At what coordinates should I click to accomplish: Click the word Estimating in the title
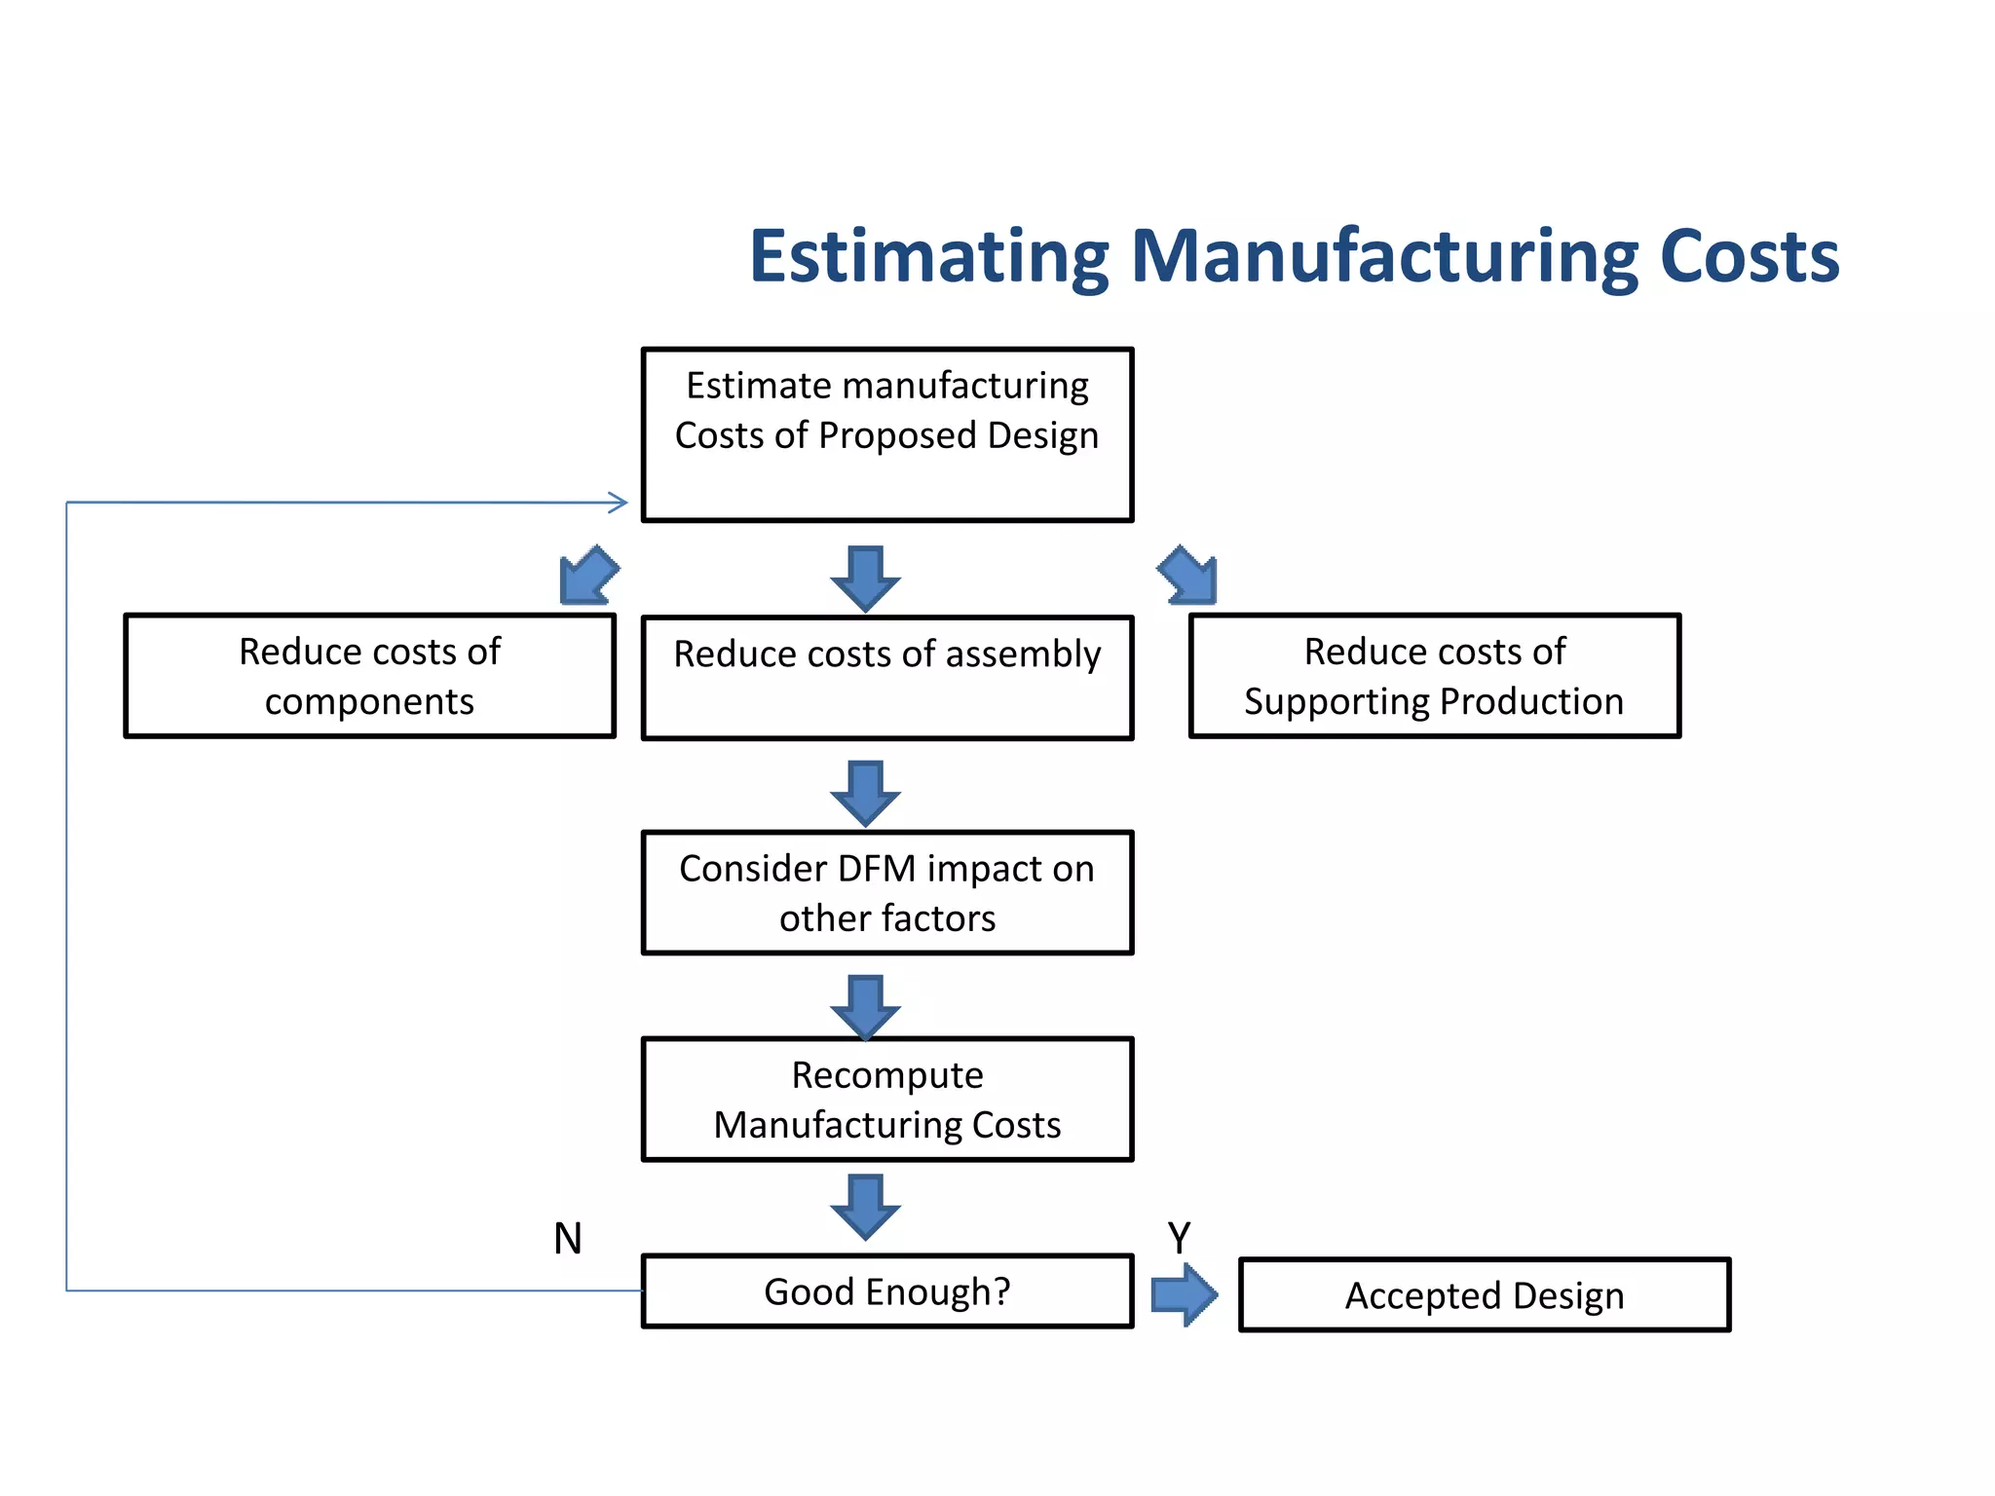(x=928, y=256)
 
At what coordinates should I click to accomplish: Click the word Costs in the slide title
(x=1749, y=256)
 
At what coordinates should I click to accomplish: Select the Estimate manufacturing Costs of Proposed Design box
(x=886, y=434)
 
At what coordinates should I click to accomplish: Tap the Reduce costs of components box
(x=369, y=675)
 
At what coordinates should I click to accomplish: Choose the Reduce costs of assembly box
(x=886, y=677)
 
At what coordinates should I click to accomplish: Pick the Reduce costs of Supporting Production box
(x=1434, y=675)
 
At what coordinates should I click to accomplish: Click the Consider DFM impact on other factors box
(x=886, y=892)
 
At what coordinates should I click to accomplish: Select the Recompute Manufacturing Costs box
(x=886, y=1099)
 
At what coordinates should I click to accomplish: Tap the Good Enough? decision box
(x=886, y=1290)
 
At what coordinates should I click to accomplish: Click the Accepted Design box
(x=1484, y=1294)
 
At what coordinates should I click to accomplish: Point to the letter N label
(x=567, y=1239)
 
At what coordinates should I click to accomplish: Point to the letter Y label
(x=1179, y=1239)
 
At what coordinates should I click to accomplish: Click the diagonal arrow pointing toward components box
(x=587, y=576)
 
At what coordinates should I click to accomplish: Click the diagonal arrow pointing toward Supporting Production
(x=1188, y=576)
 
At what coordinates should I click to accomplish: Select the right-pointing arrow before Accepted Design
(x=1184, y=1294)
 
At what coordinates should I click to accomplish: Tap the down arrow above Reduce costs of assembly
(x=865, y=580)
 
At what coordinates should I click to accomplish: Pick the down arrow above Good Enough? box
(x=865, y=1206)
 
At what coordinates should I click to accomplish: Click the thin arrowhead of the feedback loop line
(x=619, y=503)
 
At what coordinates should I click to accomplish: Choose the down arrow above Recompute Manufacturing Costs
(x=865, y=1007)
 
